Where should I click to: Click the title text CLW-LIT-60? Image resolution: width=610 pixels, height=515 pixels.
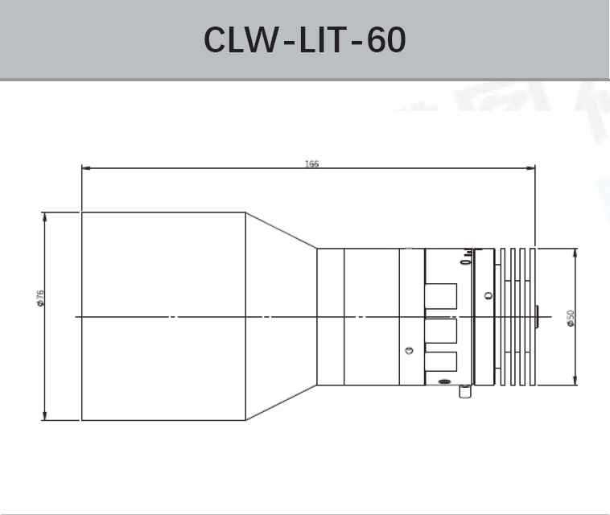(305, 39)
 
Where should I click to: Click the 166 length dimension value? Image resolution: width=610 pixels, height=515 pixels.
(311, 164)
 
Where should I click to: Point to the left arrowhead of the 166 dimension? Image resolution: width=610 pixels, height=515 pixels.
(85, 168)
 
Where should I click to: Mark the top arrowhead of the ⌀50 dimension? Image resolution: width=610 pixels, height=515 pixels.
(575, 251)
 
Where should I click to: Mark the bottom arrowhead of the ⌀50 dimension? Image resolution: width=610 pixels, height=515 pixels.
(575, 381)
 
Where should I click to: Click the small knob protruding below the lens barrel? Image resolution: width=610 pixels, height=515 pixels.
(464, 392)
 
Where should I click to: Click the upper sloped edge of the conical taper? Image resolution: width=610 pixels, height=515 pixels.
(281, 230)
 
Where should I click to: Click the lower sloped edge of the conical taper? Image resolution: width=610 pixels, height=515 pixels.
(281, 402)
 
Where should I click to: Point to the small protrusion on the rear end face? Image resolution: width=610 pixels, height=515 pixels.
(537, 316)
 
